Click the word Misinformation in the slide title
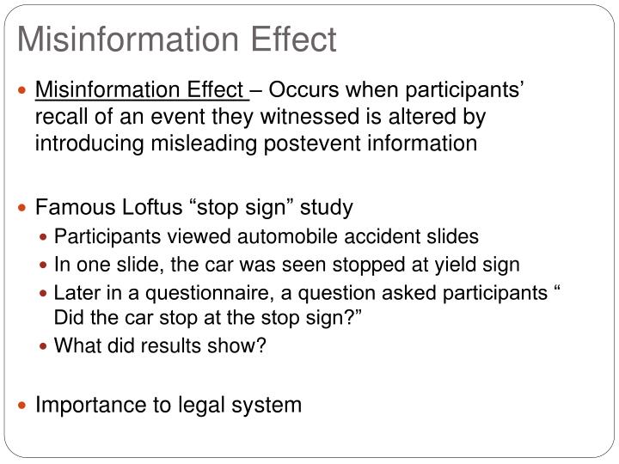(107, 39)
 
